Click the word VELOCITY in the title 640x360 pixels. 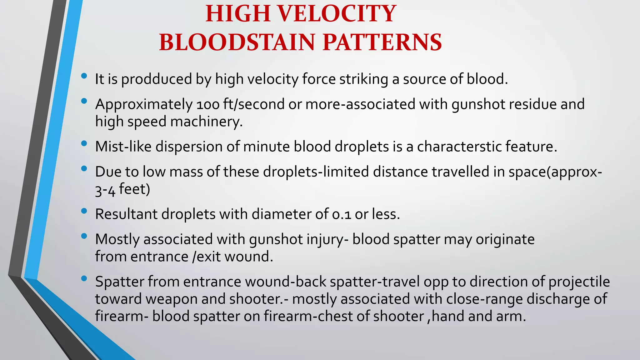tap(337, 14)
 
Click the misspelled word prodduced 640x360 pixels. tap(157, 79)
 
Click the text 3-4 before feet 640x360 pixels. tap(105, 190)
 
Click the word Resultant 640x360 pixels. tap(126, 214)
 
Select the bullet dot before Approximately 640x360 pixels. tap(84, 101)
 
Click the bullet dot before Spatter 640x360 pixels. tap(84, 278)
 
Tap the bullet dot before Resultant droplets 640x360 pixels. tap(84, 211)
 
